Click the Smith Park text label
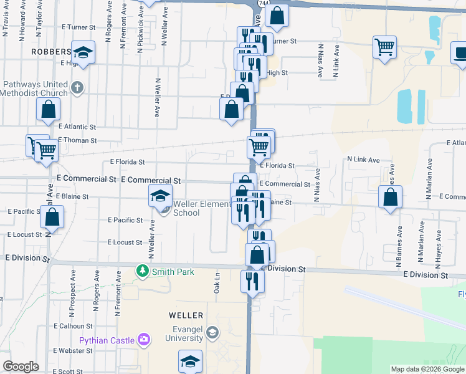pos(175,272)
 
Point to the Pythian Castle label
pos(107,340)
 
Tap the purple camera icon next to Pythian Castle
pos(145,340)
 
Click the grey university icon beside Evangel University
pos(212,332)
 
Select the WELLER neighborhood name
pos(186,316)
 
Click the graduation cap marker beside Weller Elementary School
pos(160,196)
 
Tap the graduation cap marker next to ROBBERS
pos(82,52)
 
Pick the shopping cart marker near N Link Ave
pos(384,46)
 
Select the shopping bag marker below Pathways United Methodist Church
pos(48,110)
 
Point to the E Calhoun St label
pos(73,326)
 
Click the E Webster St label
pos(73,351)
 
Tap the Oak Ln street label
pos(217,283)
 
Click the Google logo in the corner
pos(21,367)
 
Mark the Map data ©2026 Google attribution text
pos(427,370)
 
